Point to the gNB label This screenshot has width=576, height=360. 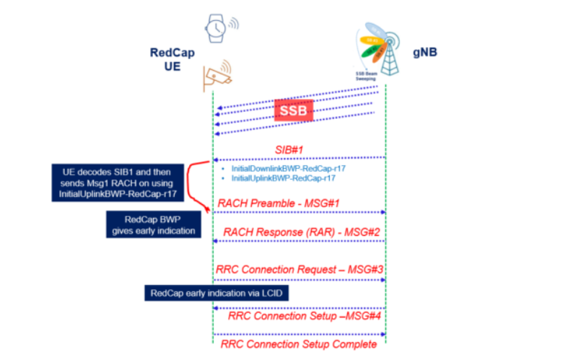tap(425, 53)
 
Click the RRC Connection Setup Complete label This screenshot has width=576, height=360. tap(299, 343)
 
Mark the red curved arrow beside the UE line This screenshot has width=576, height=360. tap(194, 184)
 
